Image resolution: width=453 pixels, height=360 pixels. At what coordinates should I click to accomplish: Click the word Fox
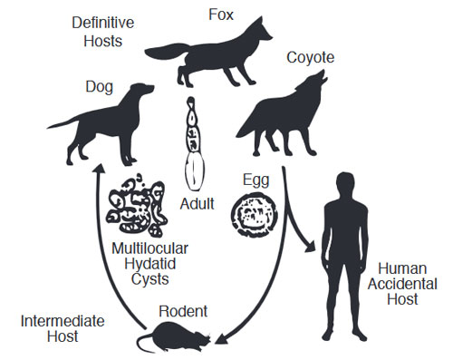pos(221,15)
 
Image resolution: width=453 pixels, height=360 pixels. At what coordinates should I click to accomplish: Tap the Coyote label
pos(310,57)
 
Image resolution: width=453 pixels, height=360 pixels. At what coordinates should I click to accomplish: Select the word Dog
pos(100,87)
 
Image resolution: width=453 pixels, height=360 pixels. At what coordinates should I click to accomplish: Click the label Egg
pos(255,180)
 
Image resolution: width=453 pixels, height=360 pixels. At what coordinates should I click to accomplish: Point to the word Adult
pos(197,204)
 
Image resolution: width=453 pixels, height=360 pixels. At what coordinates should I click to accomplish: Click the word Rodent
pos(183,311)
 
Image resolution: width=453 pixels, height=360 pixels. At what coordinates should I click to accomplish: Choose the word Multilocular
pos(149,248)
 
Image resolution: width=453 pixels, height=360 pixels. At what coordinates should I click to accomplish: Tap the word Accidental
pos(402,284)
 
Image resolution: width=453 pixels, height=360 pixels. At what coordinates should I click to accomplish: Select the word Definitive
pos(103,23)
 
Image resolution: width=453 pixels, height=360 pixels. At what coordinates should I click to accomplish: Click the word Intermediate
pos(63,321)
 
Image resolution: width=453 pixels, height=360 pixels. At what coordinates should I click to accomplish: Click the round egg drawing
pos(255,215)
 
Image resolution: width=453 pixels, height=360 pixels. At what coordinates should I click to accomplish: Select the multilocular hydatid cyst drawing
pos(137,205)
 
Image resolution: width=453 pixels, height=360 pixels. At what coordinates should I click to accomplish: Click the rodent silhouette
pos(175,337)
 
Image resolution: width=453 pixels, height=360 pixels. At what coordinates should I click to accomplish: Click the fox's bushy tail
pos(167,52)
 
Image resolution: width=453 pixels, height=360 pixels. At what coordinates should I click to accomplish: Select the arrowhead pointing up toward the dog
pos(99,169)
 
